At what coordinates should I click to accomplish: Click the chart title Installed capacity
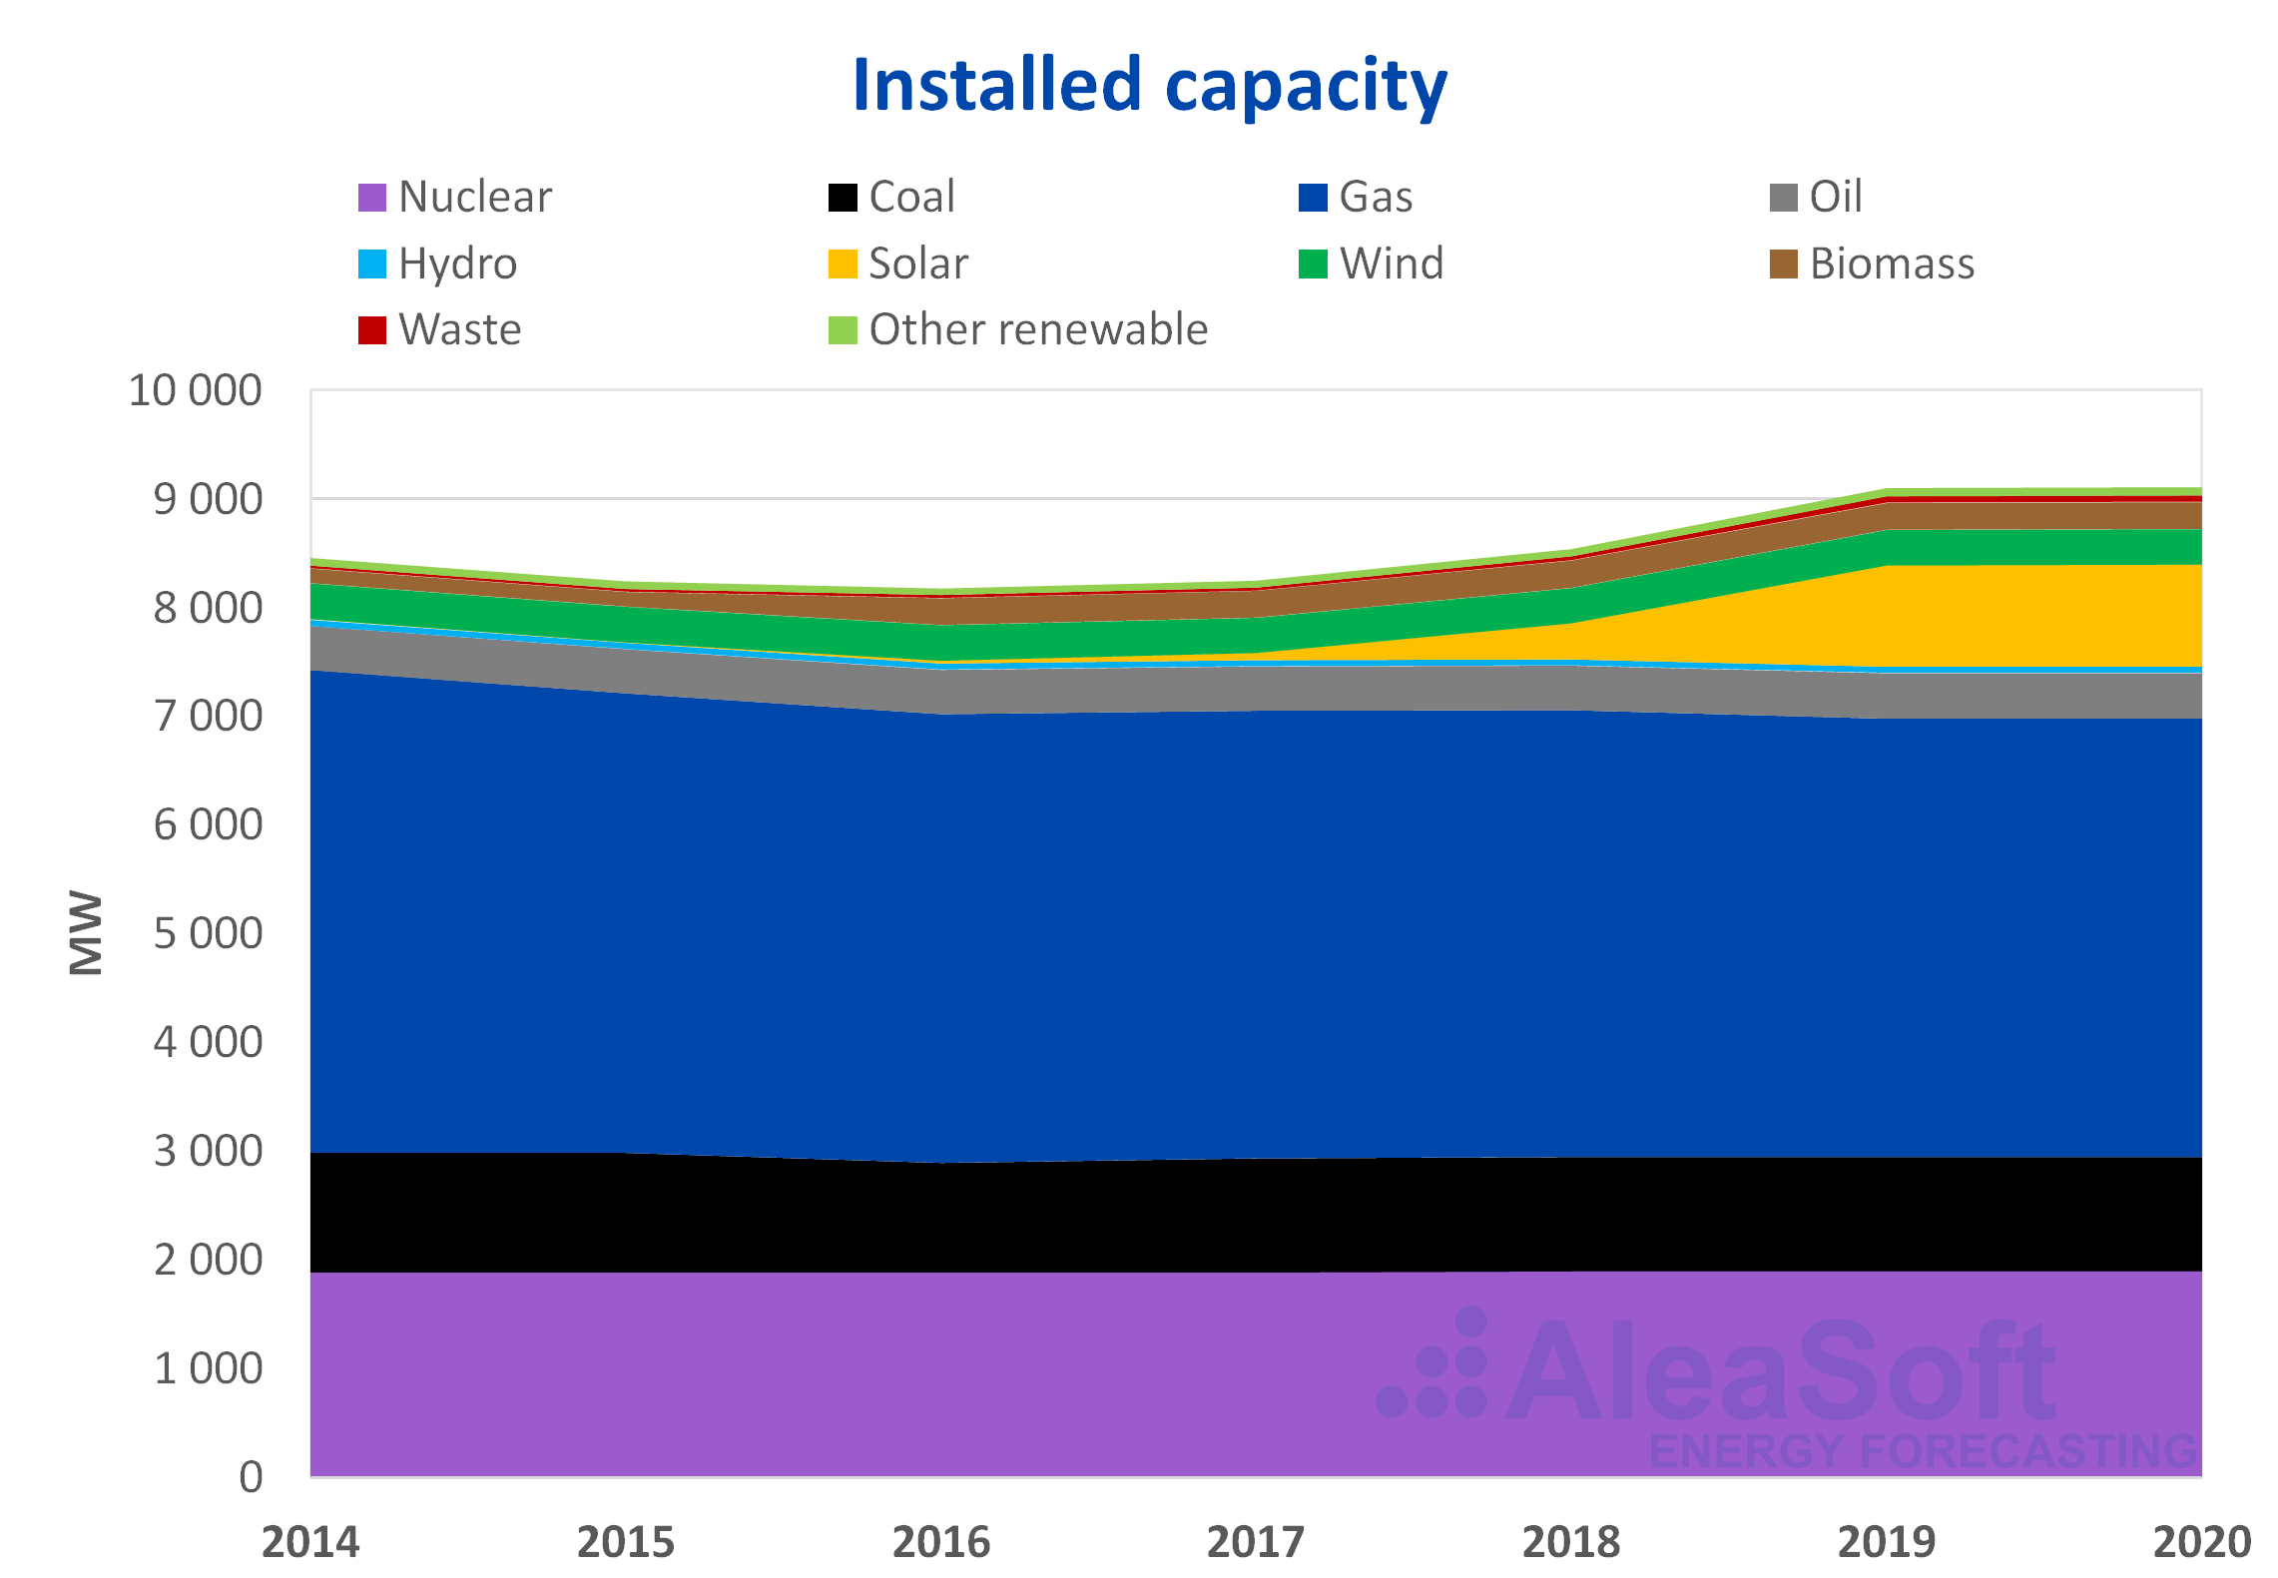[x=1150, y=87]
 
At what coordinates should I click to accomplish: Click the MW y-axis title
[x=87, y=932]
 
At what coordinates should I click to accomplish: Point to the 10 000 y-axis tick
[x=196, y=390]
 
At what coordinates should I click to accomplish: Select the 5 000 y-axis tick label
[x=208, y=933]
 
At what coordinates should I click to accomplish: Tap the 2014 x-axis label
[x=310, y=1542]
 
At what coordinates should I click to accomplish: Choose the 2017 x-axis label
[x=1256, y=1542]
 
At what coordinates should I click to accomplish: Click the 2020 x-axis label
[x=2201, y=1542]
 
